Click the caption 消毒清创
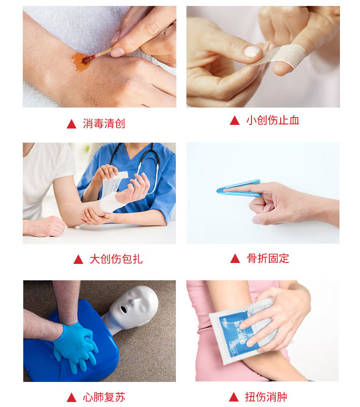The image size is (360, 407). tap(104, 124)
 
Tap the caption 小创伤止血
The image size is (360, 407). tap(273, 120)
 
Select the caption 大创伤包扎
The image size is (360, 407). tap(116, 259)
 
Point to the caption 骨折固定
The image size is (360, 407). tap(268, 258)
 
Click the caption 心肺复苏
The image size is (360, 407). tap(104, 397)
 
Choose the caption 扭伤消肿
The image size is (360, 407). tap(266, 397)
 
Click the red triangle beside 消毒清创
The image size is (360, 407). tap(72, 124)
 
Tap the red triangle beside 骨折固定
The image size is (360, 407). tap(235, 258)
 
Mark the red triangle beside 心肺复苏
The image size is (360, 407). tap(72, 397)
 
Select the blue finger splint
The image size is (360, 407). tap(238, 188)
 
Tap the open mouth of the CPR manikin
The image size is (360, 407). tap(123, 309)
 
